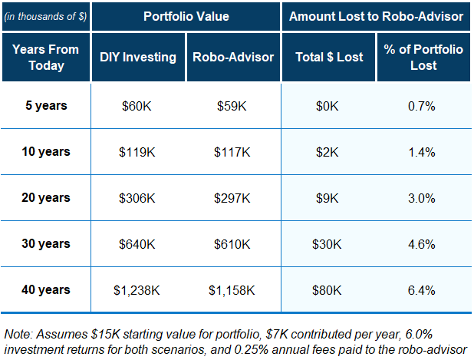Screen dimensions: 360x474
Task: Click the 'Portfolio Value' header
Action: pyautogui.click(x=186, y=15)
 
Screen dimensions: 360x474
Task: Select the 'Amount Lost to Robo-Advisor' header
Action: pyautogui.click(x=375, y=15)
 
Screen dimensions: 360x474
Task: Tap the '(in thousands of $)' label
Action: pyautogui.click(x=44, y=15)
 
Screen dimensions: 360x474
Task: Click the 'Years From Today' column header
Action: pyautogui.click(x=46, y=57)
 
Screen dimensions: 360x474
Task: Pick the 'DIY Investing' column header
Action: pyautogui.click(x=138, y=57)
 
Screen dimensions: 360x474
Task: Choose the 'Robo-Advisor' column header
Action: pyautogui.click(x=233, y=57)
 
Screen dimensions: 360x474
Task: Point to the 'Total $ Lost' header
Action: pyautogui.click(x=328, y=57)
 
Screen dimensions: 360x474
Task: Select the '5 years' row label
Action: pyautogui.click(x=46, y=105)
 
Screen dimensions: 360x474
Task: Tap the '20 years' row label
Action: pyautogui.click(x=46, y=197)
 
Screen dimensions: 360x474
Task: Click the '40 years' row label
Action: pyautogui.click(x=46, y=289)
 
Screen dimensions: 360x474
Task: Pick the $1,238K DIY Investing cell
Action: pyautogui.click(x=138, y=290)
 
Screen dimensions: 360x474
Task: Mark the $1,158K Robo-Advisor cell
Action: pyautogui.click(x=233, y=290)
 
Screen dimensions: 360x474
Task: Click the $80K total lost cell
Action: pyautogui.click(x=328, y=290)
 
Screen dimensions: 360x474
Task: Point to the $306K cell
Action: pyautogui.click(x=138, y=198)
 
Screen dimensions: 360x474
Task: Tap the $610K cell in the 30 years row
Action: pyautogui.click(x=233, y=244)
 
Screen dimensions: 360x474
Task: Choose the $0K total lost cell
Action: pyautogui.click(x=328, y=106)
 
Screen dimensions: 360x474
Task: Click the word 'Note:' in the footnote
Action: pyautogui.click(x=19, y=334)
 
